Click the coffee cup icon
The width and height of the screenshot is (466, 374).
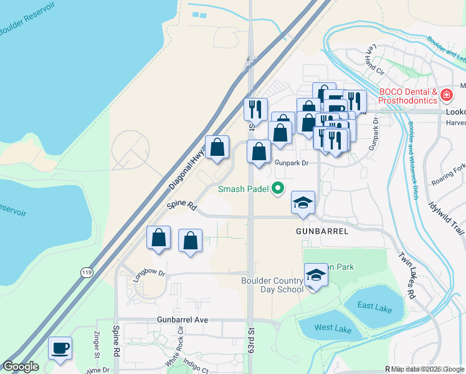[x=60, y=348]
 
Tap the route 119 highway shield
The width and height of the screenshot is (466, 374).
[x=86, y=271]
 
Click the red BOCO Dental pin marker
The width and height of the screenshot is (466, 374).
[x=446, y=95]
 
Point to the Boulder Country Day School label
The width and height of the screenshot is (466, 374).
[x=272, y=285]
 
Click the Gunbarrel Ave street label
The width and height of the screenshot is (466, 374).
[x=181, y=319]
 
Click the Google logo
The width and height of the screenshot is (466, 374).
[x=21, y=367]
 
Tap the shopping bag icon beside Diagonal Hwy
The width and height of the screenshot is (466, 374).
[x=217, y=148]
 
